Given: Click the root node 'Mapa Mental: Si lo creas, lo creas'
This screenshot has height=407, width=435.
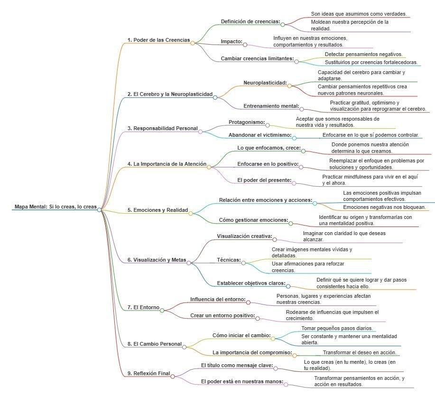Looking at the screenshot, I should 55,207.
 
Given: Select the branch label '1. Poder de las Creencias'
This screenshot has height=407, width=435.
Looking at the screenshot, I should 158,40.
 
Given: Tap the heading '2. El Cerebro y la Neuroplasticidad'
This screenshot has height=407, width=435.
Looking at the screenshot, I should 170,95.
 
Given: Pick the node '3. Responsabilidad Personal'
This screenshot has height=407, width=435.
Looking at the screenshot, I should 162,128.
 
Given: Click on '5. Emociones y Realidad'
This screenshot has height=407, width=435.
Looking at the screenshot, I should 157,210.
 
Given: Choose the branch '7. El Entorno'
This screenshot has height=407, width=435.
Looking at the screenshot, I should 143,307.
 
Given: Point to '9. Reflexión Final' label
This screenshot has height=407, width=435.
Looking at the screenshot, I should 148,373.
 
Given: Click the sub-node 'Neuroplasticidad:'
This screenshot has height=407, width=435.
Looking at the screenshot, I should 265,83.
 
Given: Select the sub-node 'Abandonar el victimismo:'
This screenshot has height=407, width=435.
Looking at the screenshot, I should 259,135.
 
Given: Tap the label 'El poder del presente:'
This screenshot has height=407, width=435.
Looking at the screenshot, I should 264,180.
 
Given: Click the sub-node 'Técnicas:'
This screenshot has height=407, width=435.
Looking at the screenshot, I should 229,261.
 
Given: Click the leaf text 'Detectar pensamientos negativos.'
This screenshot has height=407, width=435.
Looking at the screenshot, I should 363,55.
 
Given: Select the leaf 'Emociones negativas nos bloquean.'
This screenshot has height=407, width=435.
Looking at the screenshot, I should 384,207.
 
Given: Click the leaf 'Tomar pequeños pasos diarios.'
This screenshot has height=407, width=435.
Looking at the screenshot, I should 337,328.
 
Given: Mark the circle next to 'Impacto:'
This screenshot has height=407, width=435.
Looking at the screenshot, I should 245,42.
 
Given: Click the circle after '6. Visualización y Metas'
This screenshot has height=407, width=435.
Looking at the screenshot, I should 189,262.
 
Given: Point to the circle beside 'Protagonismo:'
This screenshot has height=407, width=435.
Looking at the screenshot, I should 268,125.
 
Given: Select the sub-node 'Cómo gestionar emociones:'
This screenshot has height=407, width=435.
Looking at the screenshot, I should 253,220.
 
